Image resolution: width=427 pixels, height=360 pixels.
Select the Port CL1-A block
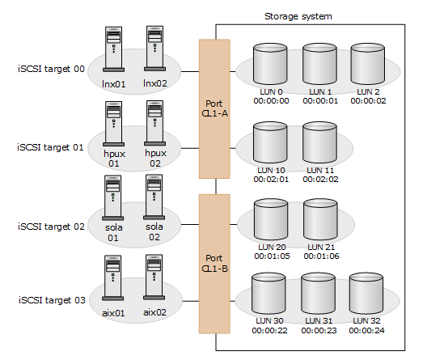pos(215,108)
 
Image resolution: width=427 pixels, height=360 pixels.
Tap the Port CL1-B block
pos(215,263)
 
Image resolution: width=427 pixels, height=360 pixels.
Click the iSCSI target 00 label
pos(51,70)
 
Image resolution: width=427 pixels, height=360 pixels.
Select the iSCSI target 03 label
pos(51,301)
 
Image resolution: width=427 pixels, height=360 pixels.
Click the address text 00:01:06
pos(319,256)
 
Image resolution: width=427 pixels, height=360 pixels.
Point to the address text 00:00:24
pos(368,331)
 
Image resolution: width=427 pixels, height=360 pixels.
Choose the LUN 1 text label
pos(319,91)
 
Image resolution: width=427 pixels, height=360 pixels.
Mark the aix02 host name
pos(154,312)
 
